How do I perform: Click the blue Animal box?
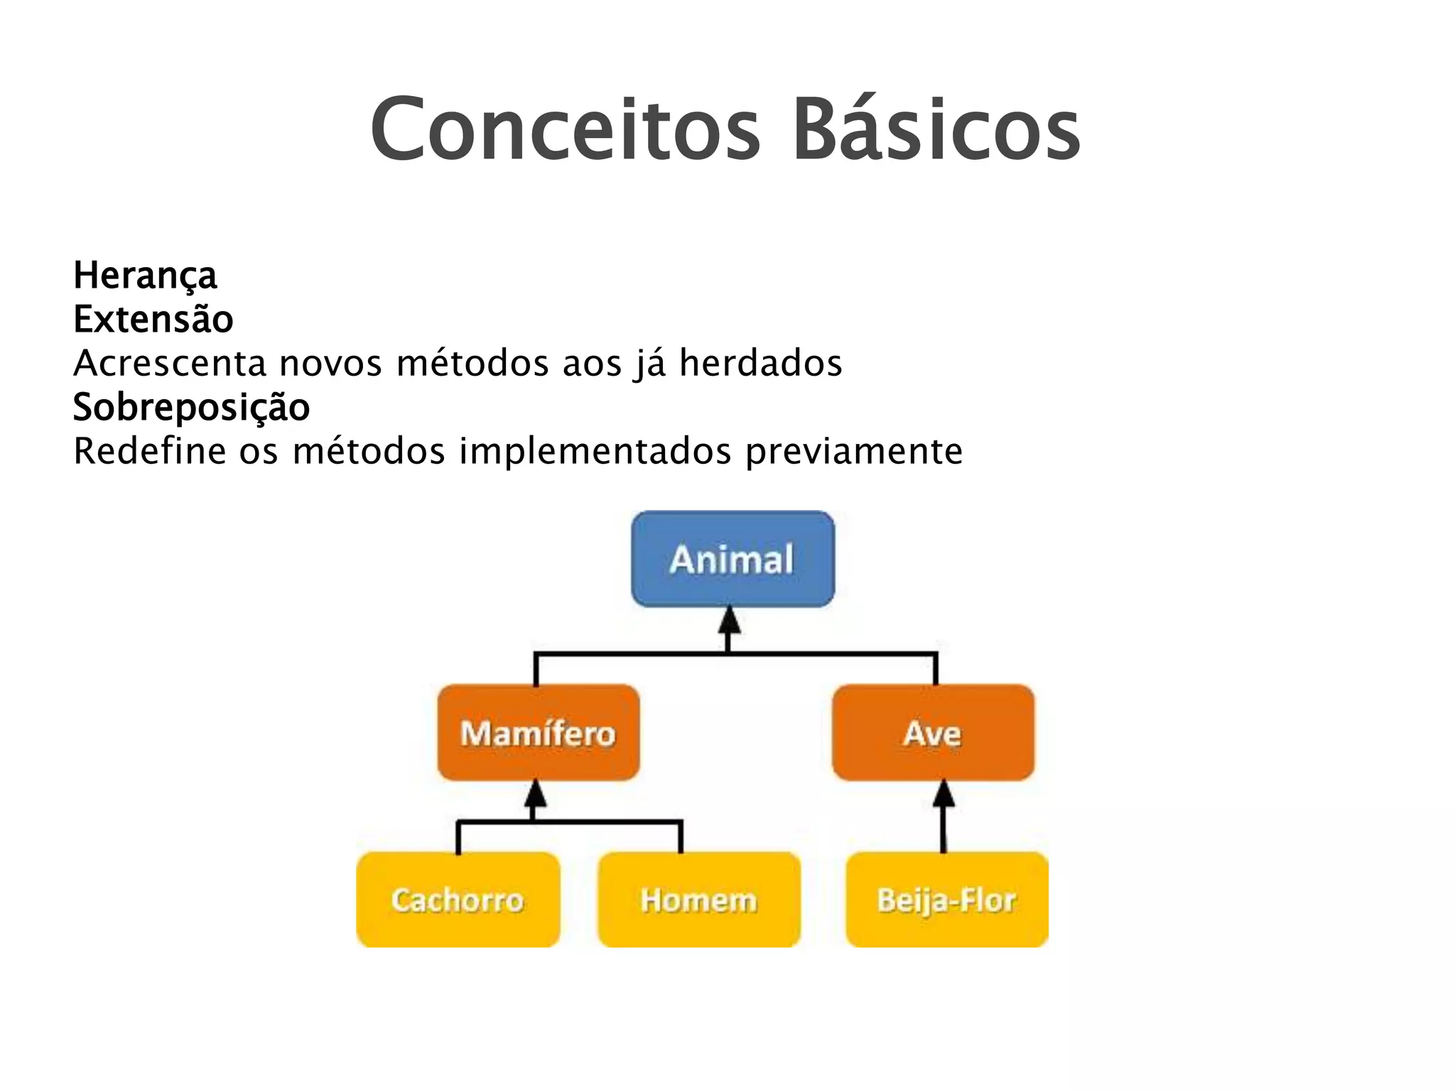click(732, 559)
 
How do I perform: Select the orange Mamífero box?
click(538, 732)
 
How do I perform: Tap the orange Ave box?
click(933, 732)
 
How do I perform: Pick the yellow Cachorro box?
click(458, 899)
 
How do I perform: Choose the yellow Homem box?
click(699, 899)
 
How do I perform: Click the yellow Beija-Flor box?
click(946, 899)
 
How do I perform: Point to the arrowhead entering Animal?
click(729, 621)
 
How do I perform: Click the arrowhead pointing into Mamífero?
click(535, 794)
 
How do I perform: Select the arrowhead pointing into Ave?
click(943, 794)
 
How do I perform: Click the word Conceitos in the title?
click(565, 130)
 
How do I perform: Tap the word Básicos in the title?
click(936, 130)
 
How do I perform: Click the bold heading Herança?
click(145, 276)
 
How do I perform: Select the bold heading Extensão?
click(153, 320)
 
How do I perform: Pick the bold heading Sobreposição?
click(192, 408)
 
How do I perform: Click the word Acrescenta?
click(170, 363)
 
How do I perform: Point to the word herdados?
click(760, 363)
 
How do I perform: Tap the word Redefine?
click(149, 451)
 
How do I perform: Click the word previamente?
click(854, 452)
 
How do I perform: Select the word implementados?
click(595, 452)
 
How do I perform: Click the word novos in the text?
click(330, 364)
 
